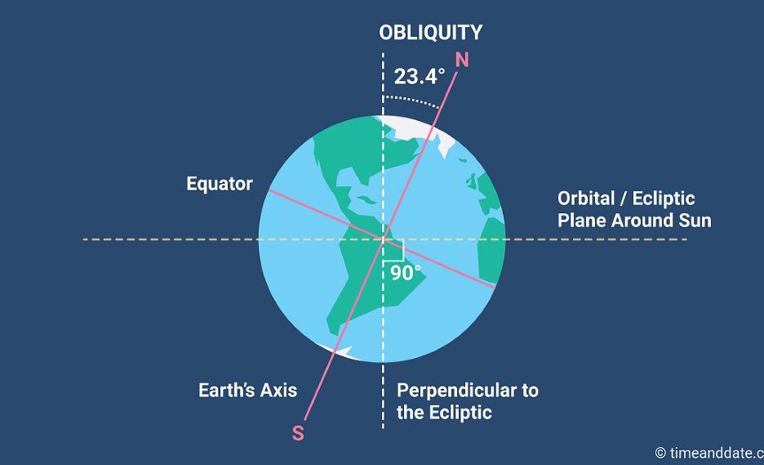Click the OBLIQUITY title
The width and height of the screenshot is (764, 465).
pos(431,33)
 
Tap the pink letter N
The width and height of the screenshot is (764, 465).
pos(462,60)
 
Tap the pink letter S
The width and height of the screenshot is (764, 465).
pos(298,433)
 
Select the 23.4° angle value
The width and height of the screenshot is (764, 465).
pos(420,77)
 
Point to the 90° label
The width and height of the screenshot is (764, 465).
pos(406,273)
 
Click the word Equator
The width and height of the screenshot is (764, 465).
pos(220,184)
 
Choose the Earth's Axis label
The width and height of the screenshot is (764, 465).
pos(247,391)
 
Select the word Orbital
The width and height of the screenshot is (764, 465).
pos(586,199)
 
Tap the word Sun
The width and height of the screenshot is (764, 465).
pos(695,221)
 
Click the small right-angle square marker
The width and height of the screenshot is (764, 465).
pos(393,250)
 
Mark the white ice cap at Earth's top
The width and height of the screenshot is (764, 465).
pos(414,127)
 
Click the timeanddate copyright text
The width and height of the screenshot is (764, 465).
pos(709,454)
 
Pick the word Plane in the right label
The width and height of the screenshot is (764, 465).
pos(582,221)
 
